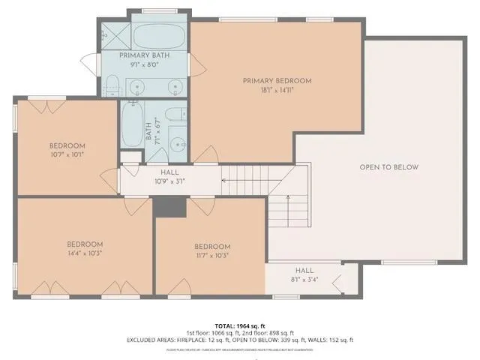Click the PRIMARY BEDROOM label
coord(277,80)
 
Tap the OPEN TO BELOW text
coord(388,167)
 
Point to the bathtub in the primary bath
coord(157,35)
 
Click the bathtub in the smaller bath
coord(133,127)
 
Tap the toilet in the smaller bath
coord(174,114)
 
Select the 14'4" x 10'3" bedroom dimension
coord(85,253)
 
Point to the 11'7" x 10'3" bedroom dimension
coord(212,256)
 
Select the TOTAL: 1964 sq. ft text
coord(240,326)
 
